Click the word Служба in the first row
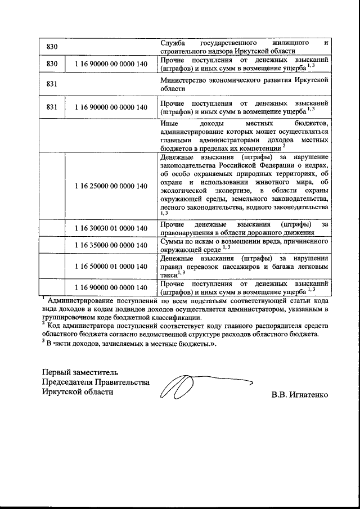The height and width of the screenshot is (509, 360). [173, 43]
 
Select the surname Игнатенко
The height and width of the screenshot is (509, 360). [308, 395]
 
